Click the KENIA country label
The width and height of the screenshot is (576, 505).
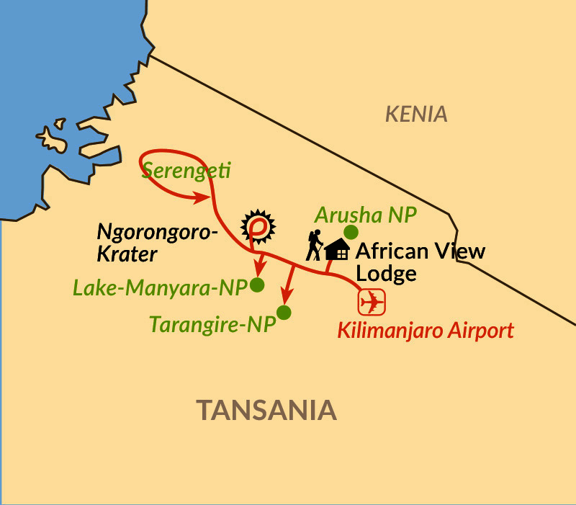point(416,114)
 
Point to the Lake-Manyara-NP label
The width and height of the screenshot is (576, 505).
point(160,287)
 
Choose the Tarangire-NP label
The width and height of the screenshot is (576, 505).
point(212,324)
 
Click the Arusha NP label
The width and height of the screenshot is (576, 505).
point(366,215)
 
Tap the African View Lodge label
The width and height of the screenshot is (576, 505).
point(420,262)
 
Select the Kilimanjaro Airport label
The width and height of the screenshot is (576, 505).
point(426,331)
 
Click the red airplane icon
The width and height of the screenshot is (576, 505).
point(372,301)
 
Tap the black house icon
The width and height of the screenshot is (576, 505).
point(337,251)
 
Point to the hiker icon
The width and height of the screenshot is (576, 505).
point(313,245)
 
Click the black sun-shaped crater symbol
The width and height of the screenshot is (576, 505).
point(257,226)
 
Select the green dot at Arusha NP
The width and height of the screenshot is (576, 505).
point(351,232)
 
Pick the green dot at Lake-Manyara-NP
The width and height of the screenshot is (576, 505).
point(257,285)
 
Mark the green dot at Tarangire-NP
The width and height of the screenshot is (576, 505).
point(284,313)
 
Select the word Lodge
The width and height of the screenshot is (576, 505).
point(385,274)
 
